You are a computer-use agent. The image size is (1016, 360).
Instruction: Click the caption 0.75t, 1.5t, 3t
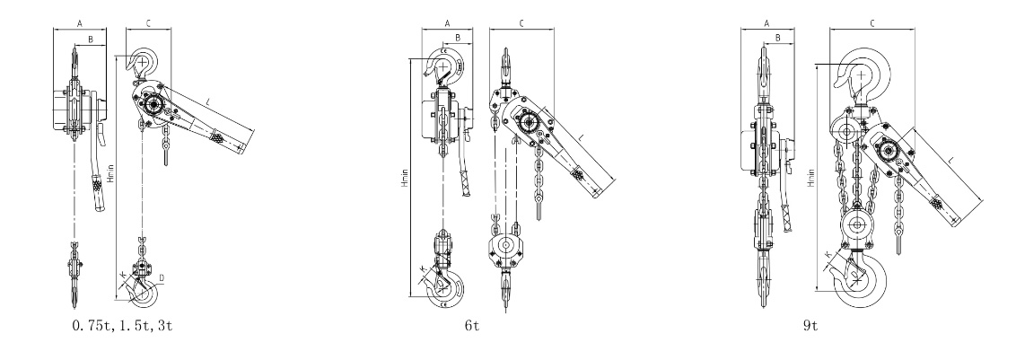click(x=122, y=325)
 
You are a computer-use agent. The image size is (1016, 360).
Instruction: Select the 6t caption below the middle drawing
click(x=472, y=325)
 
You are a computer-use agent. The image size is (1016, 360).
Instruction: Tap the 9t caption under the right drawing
click(x=810, y=325)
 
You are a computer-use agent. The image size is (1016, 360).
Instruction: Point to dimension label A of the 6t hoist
click(x=446, y=23)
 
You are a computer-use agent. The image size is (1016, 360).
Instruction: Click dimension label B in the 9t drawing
click(x=778, y=39)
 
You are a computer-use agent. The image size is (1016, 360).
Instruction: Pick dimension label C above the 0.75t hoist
click(x=148, y=23)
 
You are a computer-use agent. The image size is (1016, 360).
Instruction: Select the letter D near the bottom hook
click(x=162, y=278)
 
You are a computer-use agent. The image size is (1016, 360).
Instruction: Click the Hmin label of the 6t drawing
click(x=405, y=179)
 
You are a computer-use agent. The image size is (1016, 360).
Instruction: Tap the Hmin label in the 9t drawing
click(x=811, y=179)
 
